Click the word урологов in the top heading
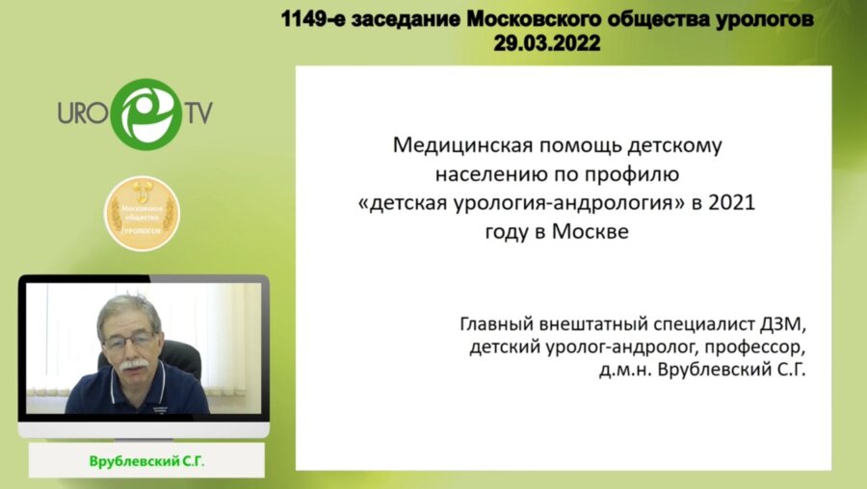775,19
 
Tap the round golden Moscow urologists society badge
143,213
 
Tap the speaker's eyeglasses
129,340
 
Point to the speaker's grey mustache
134,364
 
